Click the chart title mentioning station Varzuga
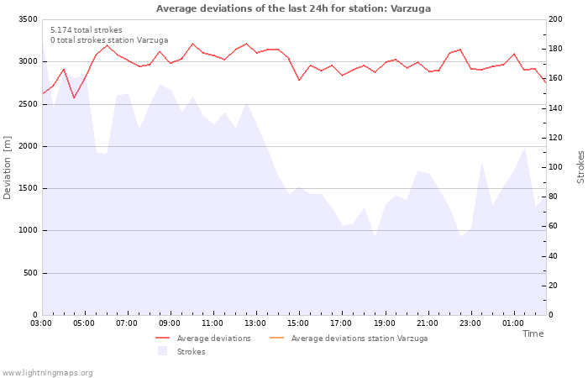point(293,8)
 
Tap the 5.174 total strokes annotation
point(86,30)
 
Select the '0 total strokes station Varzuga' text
point(109,40)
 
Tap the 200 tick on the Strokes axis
point(555,19)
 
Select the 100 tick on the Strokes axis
point(555,167)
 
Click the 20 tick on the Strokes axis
point(553,286)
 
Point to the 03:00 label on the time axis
point(41,323)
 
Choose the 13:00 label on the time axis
point(255,323)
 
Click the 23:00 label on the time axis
point(470,323)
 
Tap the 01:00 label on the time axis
point(512,323)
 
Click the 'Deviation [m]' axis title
point(8,167)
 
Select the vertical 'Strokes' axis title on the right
point(580,167)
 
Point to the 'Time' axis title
point(533,333)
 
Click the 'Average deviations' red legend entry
point(213,339)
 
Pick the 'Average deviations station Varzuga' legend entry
point(359,339)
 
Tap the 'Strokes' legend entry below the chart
point(191,352)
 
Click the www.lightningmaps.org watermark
point(48,372)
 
